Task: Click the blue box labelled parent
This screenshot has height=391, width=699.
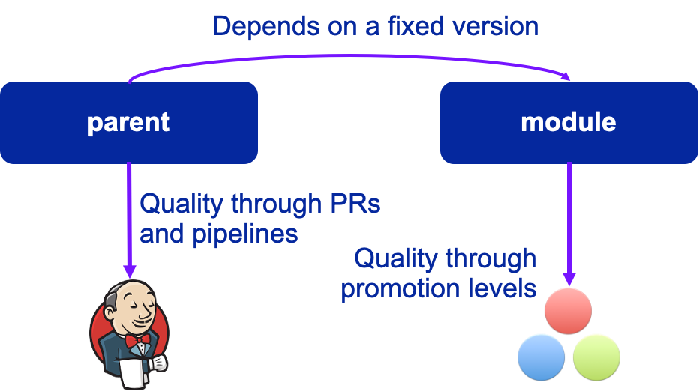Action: pyautogui.click(x=128, y=122)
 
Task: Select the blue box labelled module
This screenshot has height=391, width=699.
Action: pyautogui.click(x=568, y=122)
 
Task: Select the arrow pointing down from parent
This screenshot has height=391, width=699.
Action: pyautogui.click(x=129, y=217)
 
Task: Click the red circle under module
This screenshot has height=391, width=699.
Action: pyautogui.click(x=568, y=311)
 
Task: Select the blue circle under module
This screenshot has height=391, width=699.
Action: pyautogui.click(x=541, y=356)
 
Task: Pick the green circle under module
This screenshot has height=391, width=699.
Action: pyautogui.click(x=596, y=356)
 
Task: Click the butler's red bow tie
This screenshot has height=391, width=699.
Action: pyautogui.click(x=138, y=341)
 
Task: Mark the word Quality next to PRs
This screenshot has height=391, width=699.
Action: pyautogui.click(x=182, y=204)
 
